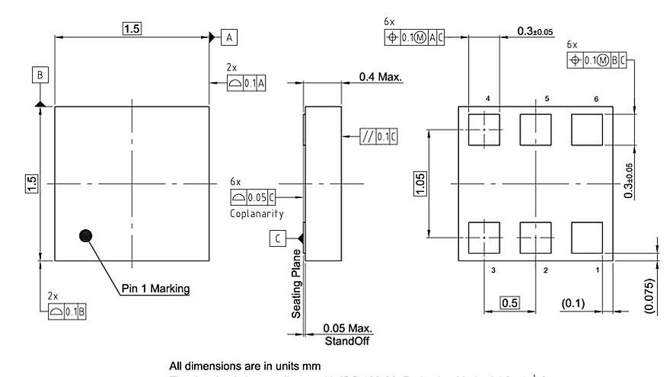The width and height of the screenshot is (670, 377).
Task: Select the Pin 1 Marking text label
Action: click(x=155, y=289)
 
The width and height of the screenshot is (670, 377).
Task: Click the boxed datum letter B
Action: click(x=40, y=74)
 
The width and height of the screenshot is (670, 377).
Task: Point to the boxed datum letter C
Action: click(x=279, y=238)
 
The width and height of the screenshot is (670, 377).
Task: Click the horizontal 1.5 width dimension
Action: click(x=132, y=29)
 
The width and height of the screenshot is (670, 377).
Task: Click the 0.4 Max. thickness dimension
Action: click(x=381, y=77)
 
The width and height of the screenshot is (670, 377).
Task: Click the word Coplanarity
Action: click(x=257, y=214)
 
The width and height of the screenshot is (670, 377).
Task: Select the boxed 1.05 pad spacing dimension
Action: click(x=421, y=184)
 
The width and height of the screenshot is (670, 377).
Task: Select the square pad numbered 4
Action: click(x=484, y=128)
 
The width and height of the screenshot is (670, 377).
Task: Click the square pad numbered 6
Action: click(x=586, y=128)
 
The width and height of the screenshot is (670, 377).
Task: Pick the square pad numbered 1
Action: click(x=586, y=238)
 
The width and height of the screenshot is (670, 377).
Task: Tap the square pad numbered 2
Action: click(x=535, y=238)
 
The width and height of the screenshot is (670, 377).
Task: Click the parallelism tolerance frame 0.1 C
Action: click(x=379, y=136)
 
